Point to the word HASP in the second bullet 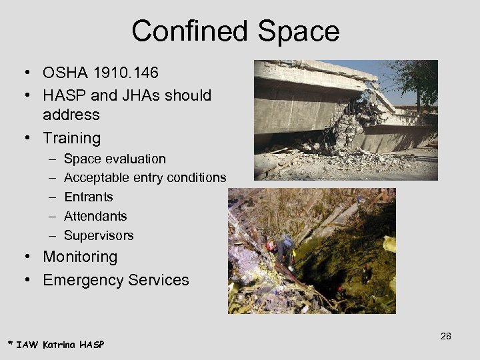pos(65,95)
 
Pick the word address pos(71,115)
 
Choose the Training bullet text pos(71,138)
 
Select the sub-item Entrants pos(88,197)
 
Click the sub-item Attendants pos(95,216)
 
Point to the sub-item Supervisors pos(99,235)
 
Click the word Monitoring pos(80,257)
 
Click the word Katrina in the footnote pos(59,344)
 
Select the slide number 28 pos(445,336)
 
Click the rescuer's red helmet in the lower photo pos(271,246)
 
